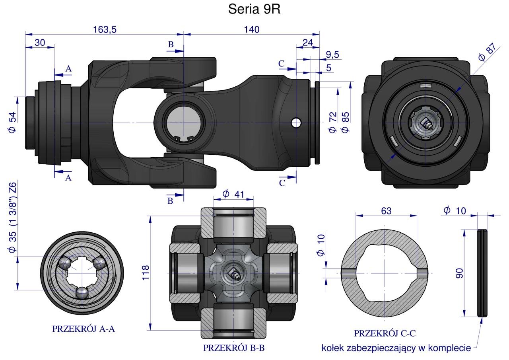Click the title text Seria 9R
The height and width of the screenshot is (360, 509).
[254, 9]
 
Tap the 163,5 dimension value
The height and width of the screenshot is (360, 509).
[105, 29]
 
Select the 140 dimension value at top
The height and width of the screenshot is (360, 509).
[252, 29]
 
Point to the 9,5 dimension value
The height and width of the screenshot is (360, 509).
[332, 55]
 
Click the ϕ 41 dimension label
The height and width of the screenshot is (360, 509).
[233, 194]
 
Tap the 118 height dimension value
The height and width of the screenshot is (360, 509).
[146, 273]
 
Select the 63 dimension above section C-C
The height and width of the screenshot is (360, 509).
[386, 211]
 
